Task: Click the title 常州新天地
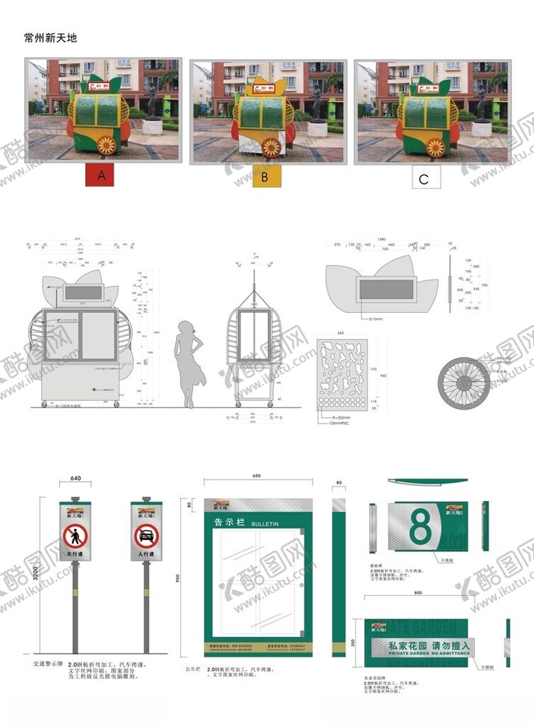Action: click(50, 38)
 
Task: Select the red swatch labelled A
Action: click(102, 176)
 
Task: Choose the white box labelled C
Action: click(423, 179)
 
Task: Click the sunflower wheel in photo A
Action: click(107, 145)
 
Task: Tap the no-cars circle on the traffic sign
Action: click(146, 535)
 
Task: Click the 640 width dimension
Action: click(75, 478)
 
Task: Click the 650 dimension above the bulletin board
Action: click(256, 476)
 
